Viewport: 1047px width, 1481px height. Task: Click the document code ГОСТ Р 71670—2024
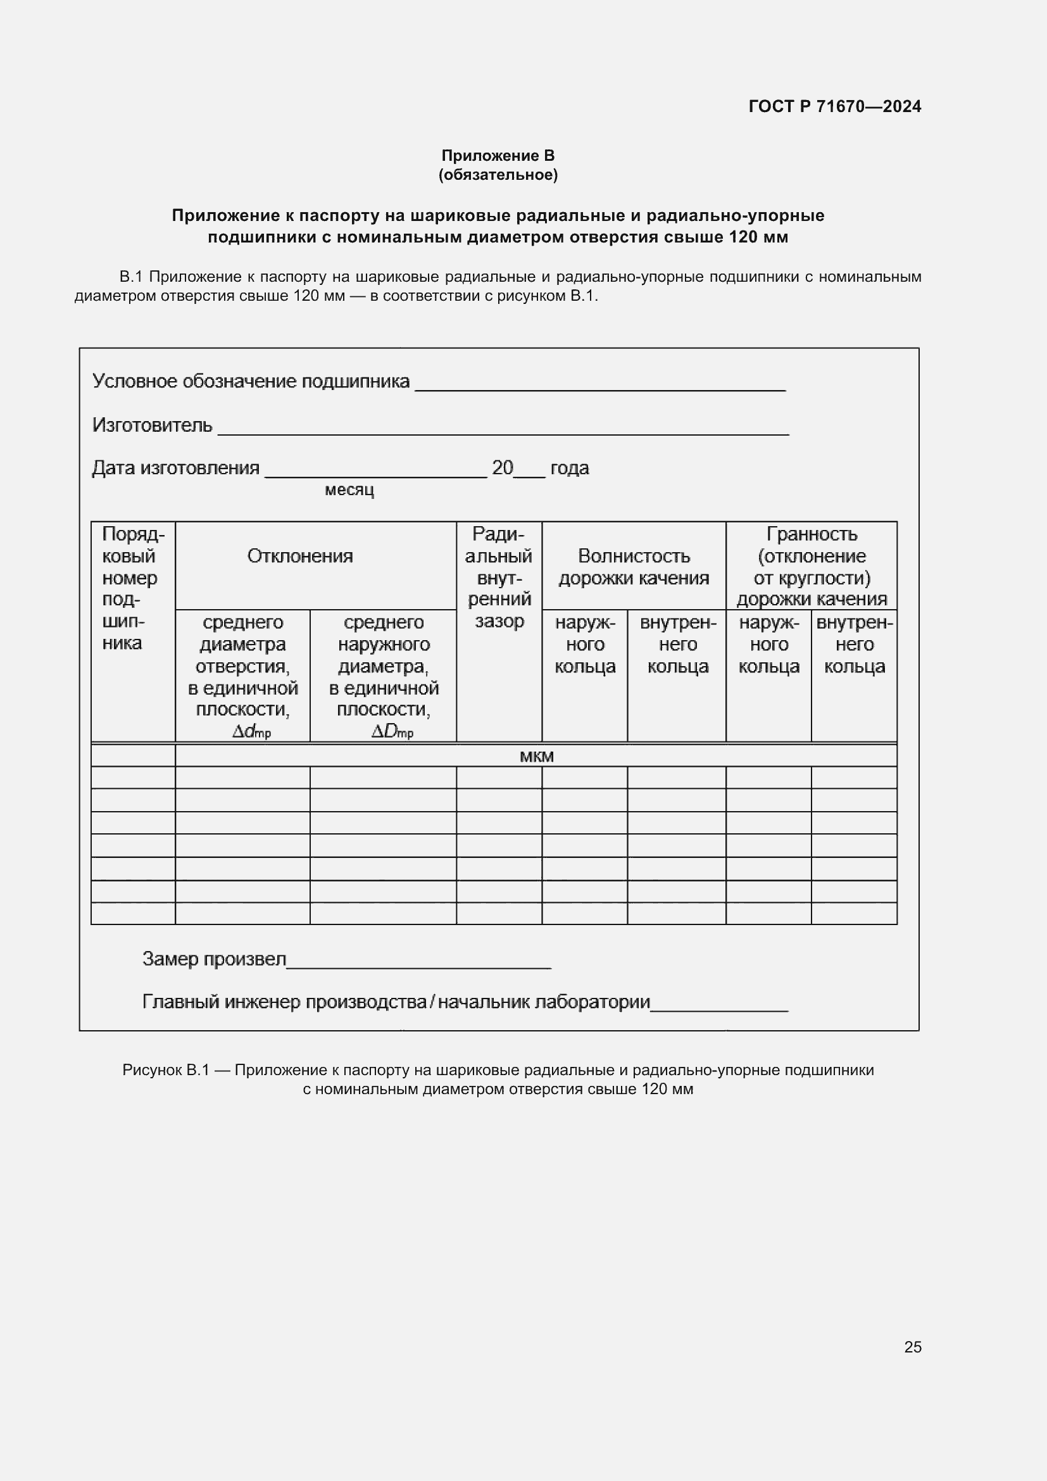coord(834,106)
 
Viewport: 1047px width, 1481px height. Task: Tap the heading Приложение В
coord(498,156)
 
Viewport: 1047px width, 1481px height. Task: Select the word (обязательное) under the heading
coord(498,175)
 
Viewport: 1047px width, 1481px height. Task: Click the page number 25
coord(912,1347)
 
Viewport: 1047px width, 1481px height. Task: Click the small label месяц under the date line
coord(349,490)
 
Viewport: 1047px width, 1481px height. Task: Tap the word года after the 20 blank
coord(569,469)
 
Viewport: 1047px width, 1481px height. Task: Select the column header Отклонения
coord(300,556)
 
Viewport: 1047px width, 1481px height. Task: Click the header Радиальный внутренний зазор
coord(499,577)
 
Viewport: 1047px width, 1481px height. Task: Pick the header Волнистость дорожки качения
coord(634,566)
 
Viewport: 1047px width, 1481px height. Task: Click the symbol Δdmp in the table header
coord(251,732)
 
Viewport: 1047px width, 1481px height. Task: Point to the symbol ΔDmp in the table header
coord(392,732)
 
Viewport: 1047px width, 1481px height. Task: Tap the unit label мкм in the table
coord(536,757)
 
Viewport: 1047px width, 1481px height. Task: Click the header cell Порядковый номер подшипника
coord(133,588)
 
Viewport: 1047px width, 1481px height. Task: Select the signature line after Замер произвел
coord(419,966)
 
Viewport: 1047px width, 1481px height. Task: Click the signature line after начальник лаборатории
coord(720,1009)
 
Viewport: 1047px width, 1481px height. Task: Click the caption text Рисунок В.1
coord(166,1070)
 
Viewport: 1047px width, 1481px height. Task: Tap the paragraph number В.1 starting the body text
coord(131,277)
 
